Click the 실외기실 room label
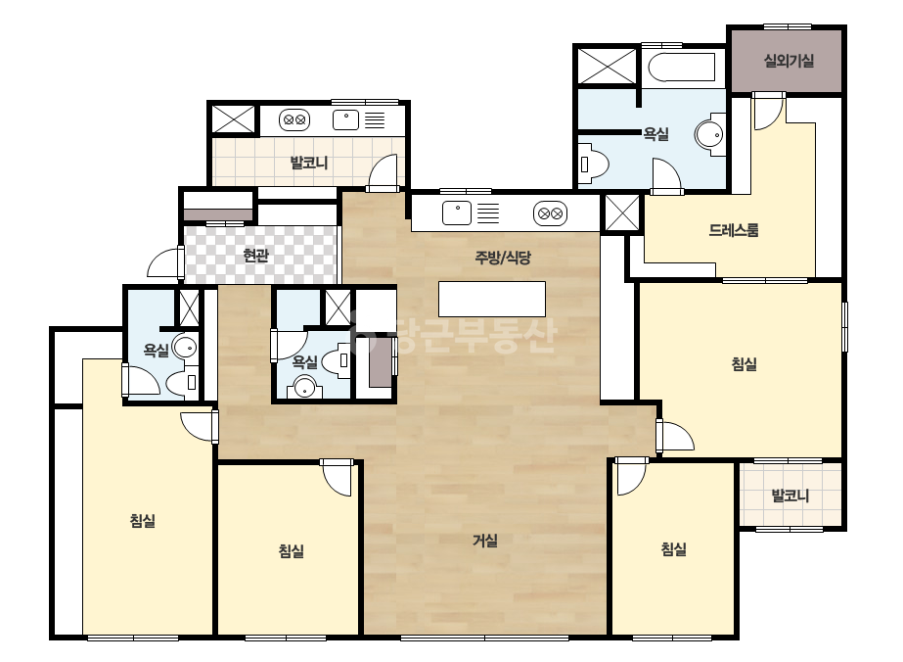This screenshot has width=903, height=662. tap(789, 61)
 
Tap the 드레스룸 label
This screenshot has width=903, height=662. tap(733, 230)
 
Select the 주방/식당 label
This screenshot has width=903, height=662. tap(503, 258)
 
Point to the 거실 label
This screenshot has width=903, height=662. tap(485, 541)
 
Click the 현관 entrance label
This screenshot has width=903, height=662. tap(255, 255)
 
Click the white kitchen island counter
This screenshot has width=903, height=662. tap(492, 299)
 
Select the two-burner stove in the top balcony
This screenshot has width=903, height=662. tap(294, 119)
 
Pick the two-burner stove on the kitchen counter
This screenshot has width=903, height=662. tap(550, 213)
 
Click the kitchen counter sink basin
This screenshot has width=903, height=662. tap(457, 213)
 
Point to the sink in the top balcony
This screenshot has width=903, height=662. tap(345, 119)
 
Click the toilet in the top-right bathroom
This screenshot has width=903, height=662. tap(594, 165)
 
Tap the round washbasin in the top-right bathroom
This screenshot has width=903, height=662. tap(710, 135)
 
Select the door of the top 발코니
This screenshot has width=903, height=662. tap(383, 171)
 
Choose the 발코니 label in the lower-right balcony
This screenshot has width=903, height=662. tap(790, 496)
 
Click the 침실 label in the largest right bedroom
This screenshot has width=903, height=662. tap(744, 364)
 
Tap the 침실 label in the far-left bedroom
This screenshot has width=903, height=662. tap(142, 521)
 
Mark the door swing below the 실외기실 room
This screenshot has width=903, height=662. tap(769, 111)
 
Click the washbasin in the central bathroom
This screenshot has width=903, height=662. tap(304, 387)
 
